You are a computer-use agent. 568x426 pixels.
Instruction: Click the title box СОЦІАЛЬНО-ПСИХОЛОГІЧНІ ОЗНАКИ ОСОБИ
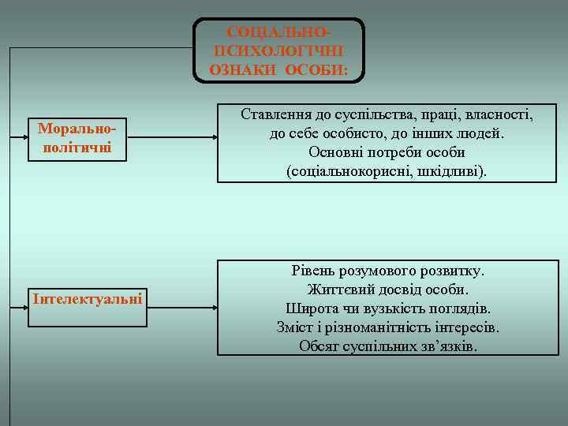pyautogui.click(x=279, y=50)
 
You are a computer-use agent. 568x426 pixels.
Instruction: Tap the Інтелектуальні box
pyautogui.click(x=87, y=298)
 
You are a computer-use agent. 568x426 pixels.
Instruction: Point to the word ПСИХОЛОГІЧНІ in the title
pyautogui.click(x=279, y=50)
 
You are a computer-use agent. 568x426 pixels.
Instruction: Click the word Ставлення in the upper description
pyautogui.click(x=276, y=115)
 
